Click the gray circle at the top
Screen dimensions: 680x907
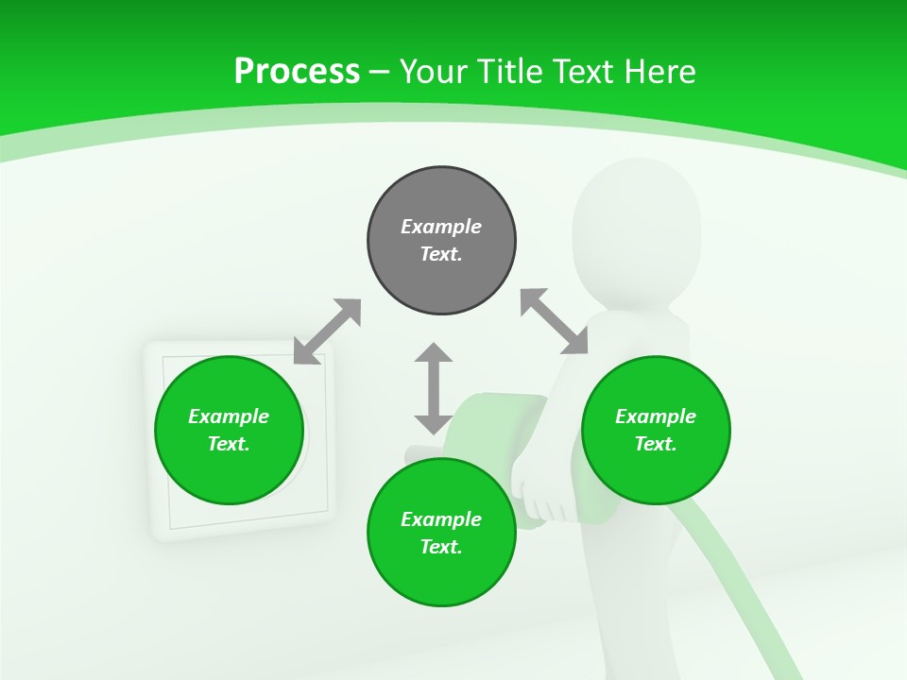point(441,241)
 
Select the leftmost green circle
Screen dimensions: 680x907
point(229,430)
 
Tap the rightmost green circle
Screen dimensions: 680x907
point(656,430)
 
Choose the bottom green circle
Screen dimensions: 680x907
point(441,533)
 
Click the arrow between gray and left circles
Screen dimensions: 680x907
point(327,331)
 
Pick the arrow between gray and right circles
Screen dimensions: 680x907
point(555,321)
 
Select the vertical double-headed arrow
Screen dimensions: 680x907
point(434,389)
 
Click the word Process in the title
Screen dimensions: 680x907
point(297,71)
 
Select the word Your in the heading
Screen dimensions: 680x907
point(432,71)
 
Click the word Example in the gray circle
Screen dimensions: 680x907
point(441,227)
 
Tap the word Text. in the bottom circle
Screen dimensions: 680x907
point(441,547)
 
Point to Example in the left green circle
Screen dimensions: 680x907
point(229,416)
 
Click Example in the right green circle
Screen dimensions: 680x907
point(656,416)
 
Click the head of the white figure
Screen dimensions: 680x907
point(636,222)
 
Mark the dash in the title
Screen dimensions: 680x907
point(380,72)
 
